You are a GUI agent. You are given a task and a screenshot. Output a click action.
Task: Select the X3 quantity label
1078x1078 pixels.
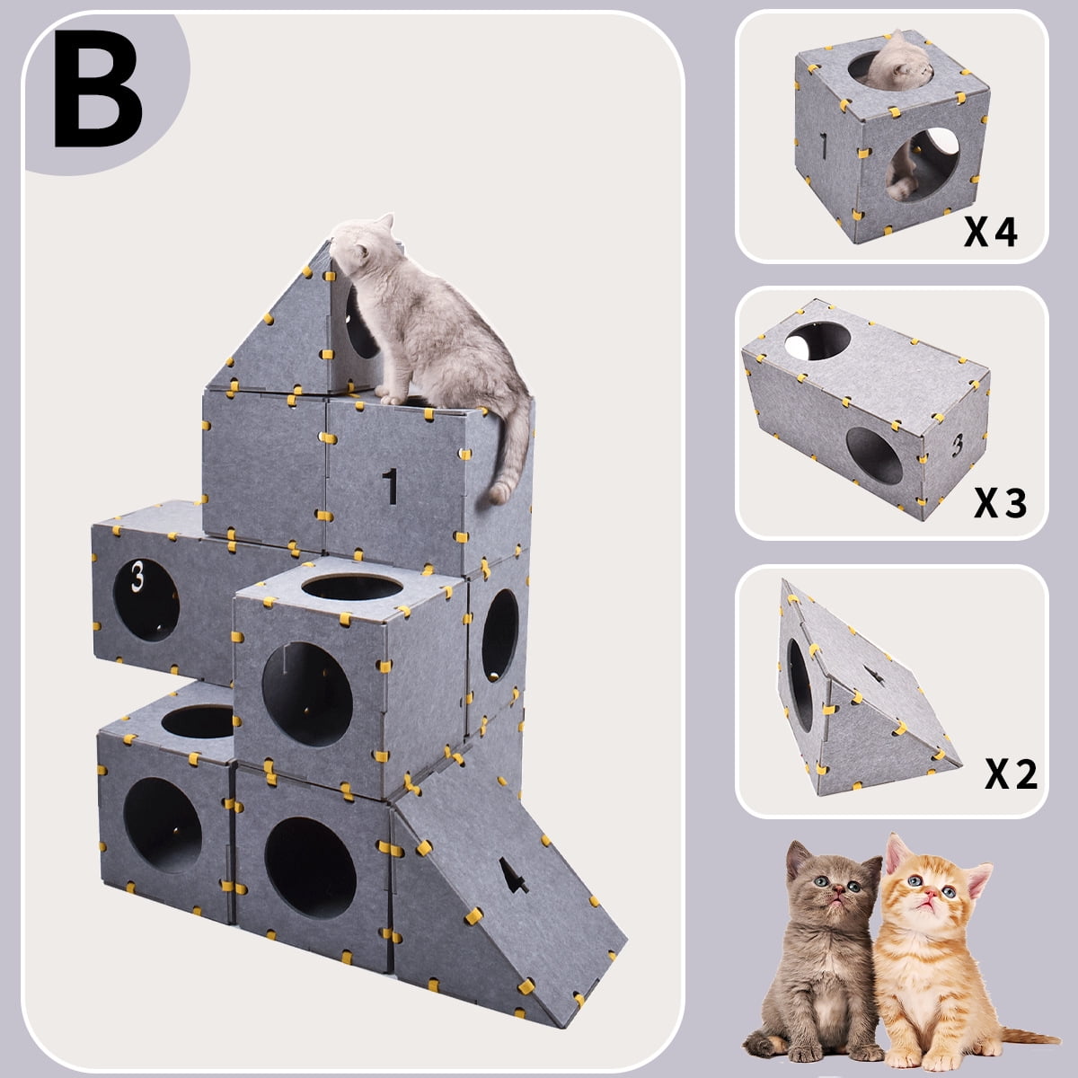(x=1000, y=504)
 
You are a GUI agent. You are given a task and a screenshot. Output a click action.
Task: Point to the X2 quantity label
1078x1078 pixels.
(x=1011, y=773)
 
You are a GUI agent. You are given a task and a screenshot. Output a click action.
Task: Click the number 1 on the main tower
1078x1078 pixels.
(x=389, y=486)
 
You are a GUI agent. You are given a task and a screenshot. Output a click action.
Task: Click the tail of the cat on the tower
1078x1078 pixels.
(x=513, y=449)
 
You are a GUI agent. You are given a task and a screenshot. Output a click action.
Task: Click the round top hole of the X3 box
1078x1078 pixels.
(x=817, y=340)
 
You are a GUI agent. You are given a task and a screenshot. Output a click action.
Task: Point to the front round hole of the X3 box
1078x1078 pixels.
(x=873, y=455)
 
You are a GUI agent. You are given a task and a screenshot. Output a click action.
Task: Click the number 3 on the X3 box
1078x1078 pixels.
(x=958, y=444)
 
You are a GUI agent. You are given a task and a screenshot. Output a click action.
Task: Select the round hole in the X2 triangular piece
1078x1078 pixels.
(x=799, y=683)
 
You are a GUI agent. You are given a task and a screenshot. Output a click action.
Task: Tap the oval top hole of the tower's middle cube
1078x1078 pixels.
(x=351, y=588)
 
